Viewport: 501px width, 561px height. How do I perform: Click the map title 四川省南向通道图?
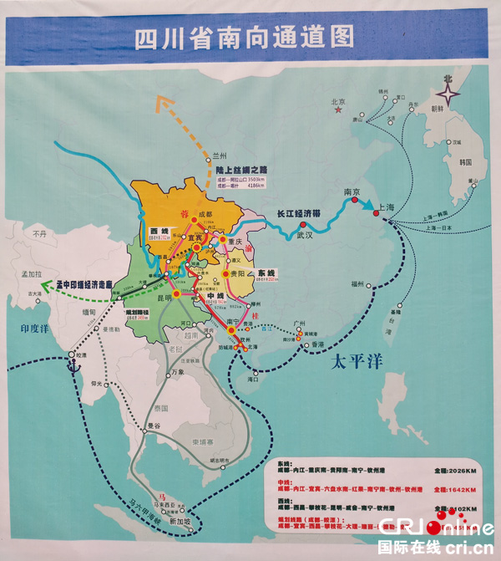(245, 38)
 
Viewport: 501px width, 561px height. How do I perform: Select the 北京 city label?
(338, 104)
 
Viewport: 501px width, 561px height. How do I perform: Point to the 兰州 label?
(220, 156)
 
